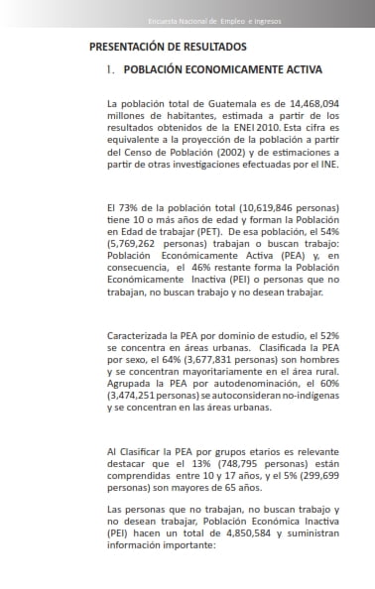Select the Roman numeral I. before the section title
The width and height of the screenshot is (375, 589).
111,69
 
